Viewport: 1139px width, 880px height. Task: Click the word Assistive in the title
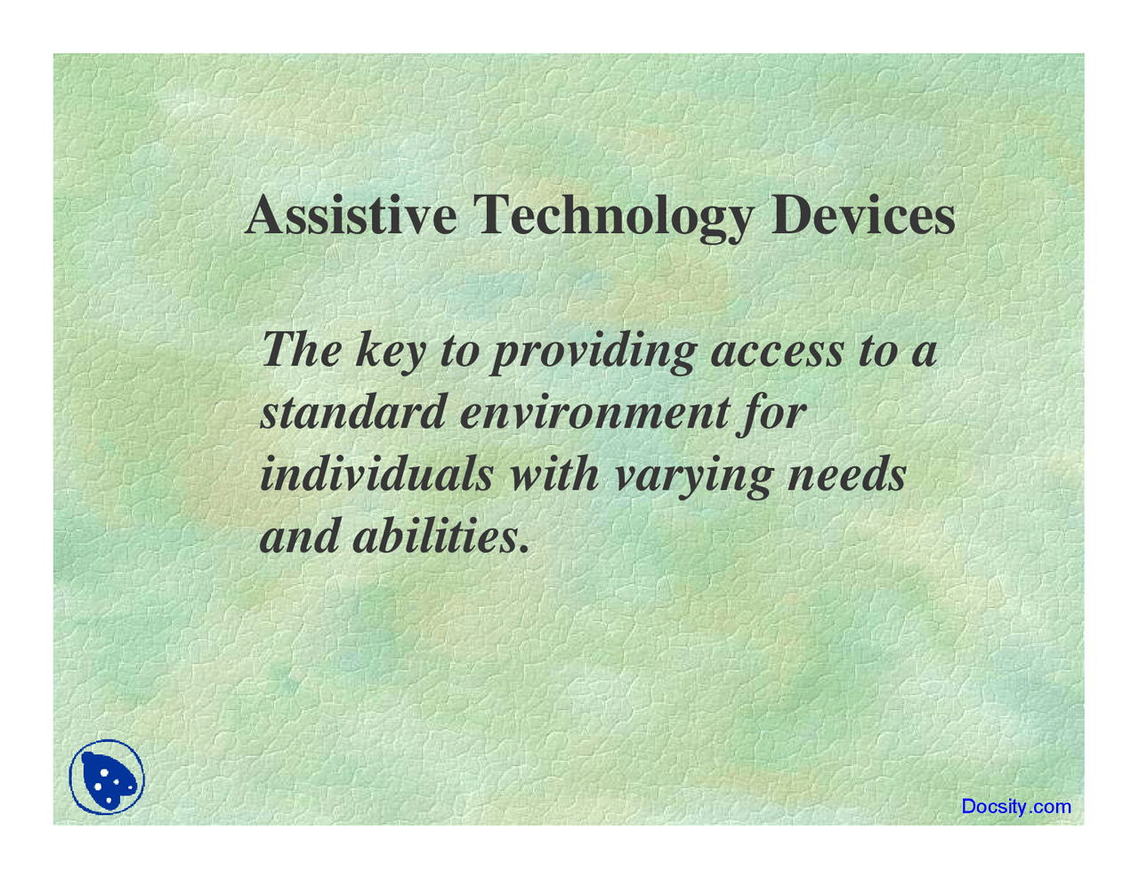tap(351, 216)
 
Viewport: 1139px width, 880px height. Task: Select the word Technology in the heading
tap(613, 218)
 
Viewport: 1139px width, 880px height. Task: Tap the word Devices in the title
tap(863, 216)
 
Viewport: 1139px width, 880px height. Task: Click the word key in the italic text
tap(391, 352)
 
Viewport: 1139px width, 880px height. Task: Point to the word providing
tap(595, 352)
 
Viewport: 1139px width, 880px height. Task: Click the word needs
tap(847, 474)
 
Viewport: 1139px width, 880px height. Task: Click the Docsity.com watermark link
tap(1016, 807)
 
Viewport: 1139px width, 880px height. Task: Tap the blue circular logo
tap(107, 777)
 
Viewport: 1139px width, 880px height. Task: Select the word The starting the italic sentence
tap(302, 350)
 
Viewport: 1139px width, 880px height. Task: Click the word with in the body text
tap(554, 474)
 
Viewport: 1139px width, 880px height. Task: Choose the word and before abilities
tap(299, 535)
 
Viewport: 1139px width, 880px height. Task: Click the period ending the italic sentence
tap(523, 549)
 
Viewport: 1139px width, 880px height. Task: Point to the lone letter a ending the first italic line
tap(924, 357)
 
